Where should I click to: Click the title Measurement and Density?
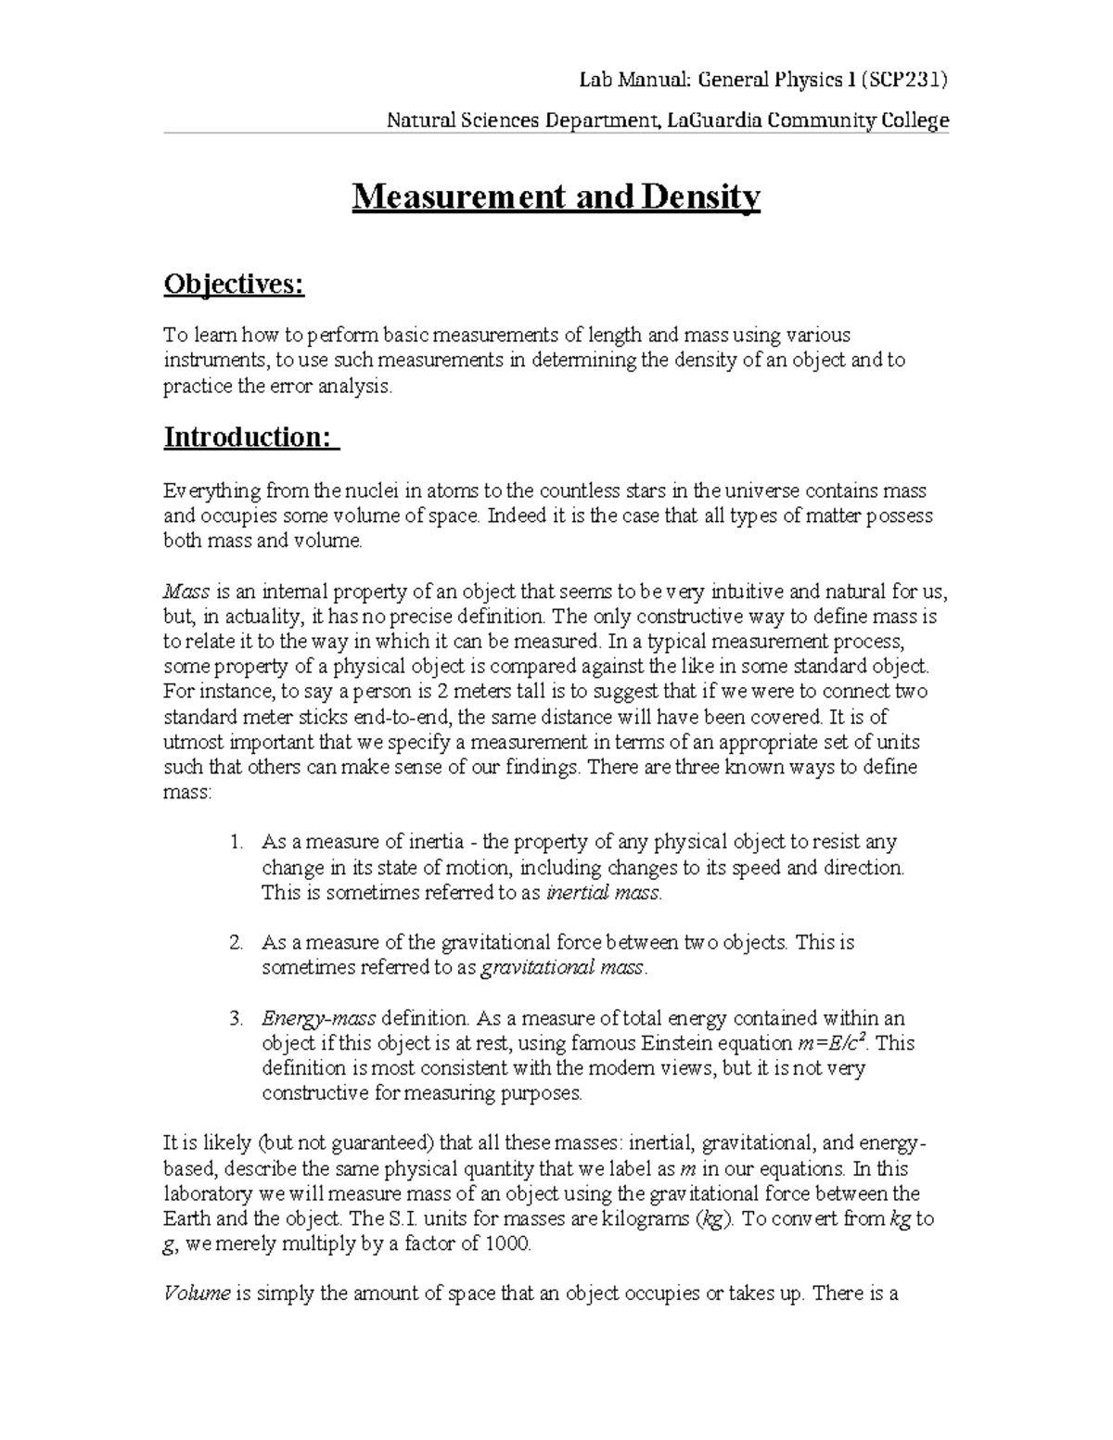pos(556,198)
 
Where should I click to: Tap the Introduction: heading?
pos(251,437)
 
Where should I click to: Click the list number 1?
pos(236,843)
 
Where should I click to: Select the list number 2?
pos(236,943)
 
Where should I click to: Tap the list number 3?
pos(236,1018)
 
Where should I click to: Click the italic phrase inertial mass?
pos(603,893)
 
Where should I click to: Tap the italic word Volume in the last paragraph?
pos(196,1294)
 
